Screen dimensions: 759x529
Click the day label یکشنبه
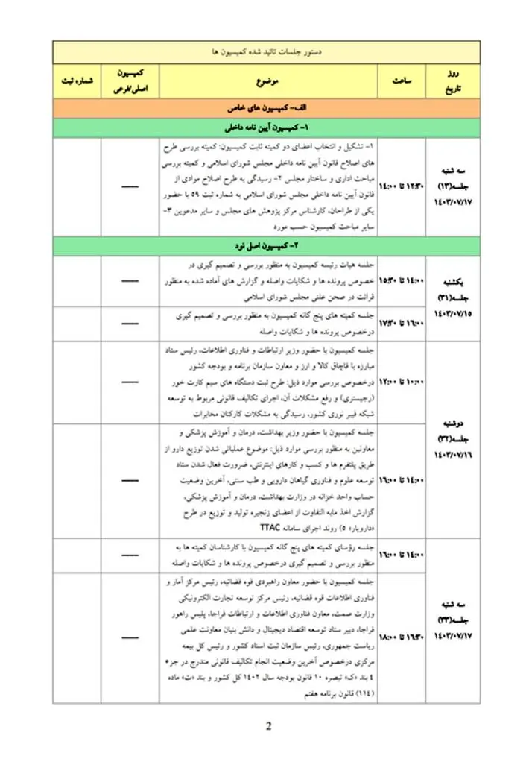[453, 283]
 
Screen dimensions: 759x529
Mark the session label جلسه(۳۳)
[453, 621]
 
